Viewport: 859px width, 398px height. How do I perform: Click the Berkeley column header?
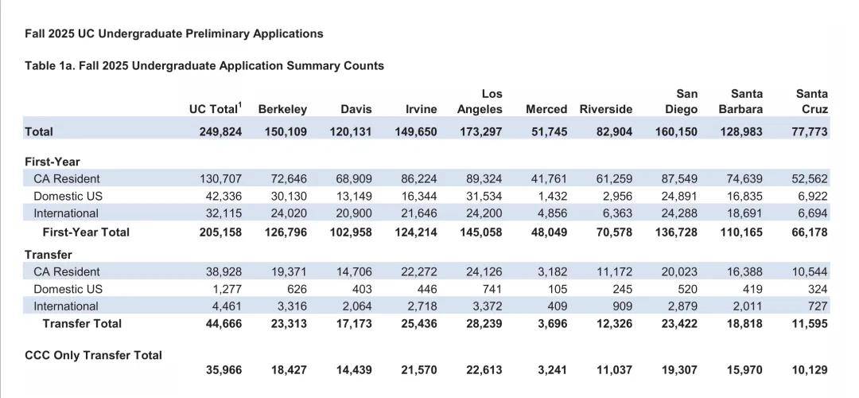pyautogui.click(x=282, y=109)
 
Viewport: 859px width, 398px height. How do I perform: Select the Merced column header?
pyautogui.click(x=546, y=109)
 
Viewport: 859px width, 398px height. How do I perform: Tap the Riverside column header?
pyautogui.click(x=606, y=109)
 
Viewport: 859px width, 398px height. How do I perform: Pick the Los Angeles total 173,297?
pyautogui.click(x=480, y=131)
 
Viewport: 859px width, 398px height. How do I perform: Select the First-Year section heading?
pyautogui.click(x=52, y=162)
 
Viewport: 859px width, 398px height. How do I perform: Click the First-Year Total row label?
pyautogui.click(x=86, y=232)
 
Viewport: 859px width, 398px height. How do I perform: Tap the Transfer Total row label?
pyautogui.click(x=82, y=323)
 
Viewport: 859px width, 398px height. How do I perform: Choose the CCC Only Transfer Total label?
pyautogui.click(x=94, y=355)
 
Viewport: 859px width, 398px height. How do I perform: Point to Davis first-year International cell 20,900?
pyautogui.click(x=353, y=213)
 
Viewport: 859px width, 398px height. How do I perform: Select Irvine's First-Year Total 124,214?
pyautogui.click(x=416, y=232)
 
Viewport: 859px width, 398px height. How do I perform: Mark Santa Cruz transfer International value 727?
pyautogui.click(x=818, y=306)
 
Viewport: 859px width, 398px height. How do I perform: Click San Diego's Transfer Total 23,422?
pyautogui.click(x=677, y=323)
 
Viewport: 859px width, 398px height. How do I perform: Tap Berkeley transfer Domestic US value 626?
pyautogui.click(x=297, y=289)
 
